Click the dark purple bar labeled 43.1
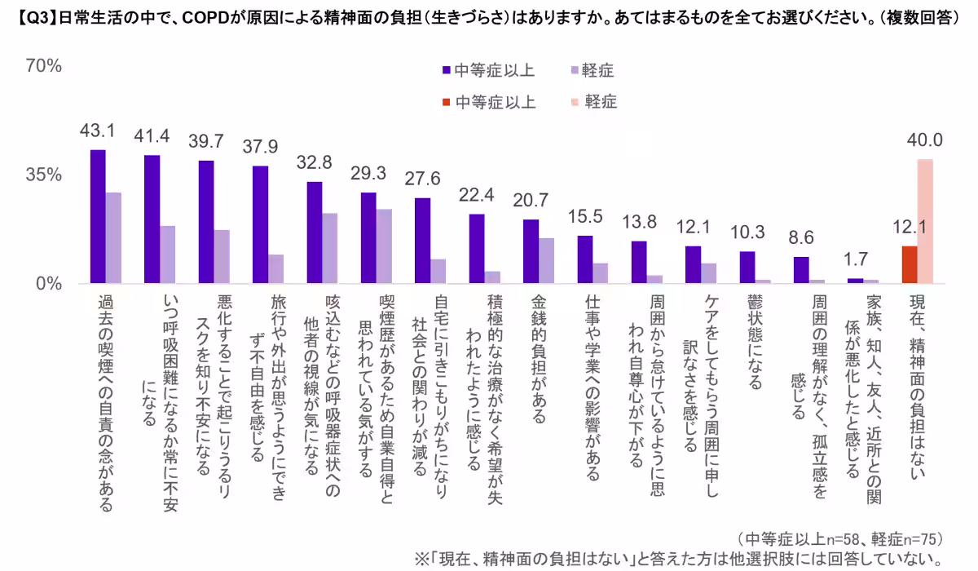click(98, 217)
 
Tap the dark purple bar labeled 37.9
click(260, 225)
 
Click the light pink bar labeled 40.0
click(925, 221)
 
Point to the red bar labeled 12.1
click(910, 264)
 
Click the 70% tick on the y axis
click(45, 67)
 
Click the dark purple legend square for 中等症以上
click(447, 71)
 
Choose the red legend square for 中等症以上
click(447, 102)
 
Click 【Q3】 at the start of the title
click(33, 17)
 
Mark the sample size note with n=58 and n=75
click(839, 538)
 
